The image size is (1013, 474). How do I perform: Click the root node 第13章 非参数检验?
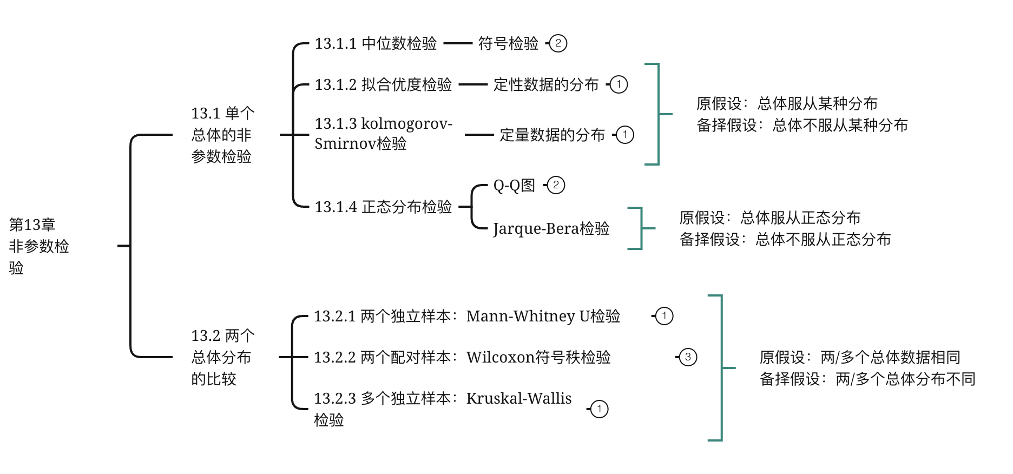[39, 246]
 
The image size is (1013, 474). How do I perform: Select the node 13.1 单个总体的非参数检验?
[222, 135]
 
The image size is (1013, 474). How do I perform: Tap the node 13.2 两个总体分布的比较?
[222, 357]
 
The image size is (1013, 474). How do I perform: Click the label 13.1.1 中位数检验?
[376, 43]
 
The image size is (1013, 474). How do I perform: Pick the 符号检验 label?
[508, 43]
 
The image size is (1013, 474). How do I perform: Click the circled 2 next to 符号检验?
[558, 43]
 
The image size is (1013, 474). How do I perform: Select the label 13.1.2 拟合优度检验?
[383, 84]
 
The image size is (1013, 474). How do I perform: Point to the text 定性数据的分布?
[546, 84]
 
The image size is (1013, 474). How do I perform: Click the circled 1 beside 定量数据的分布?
[625, 134]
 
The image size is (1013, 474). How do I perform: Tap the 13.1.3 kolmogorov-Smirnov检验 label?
[383, 133]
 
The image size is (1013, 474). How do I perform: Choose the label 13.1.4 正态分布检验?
[383, 207]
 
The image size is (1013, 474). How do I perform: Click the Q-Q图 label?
[514, 185]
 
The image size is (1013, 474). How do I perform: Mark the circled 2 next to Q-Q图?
[556, 185]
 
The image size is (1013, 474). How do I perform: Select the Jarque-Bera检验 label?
[551, 228]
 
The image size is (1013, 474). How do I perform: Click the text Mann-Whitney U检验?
[543, 316]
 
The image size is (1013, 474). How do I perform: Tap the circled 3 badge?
[688, 357]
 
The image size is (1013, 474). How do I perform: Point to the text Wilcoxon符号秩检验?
[538, 357]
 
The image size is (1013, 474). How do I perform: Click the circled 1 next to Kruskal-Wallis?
[599, 409]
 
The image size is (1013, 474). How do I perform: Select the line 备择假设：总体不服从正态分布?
[785, 239]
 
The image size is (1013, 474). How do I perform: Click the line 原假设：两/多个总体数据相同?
[860, 357]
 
